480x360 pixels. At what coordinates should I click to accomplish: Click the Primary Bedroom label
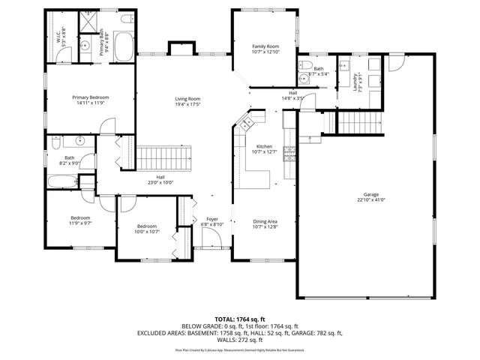coord(91,97)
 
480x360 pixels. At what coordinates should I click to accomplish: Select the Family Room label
coord(265,46)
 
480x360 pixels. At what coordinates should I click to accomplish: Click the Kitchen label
coord(264,147)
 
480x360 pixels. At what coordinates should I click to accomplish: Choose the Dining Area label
coord(265,221)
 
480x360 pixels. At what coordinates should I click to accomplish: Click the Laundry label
coord(355,81)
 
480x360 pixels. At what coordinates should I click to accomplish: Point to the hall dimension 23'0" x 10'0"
coord(160,182)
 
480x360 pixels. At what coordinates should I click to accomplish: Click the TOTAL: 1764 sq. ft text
coord(239,320)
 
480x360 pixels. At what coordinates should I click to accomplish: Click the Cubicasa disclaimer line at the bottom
coord(239,349)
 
